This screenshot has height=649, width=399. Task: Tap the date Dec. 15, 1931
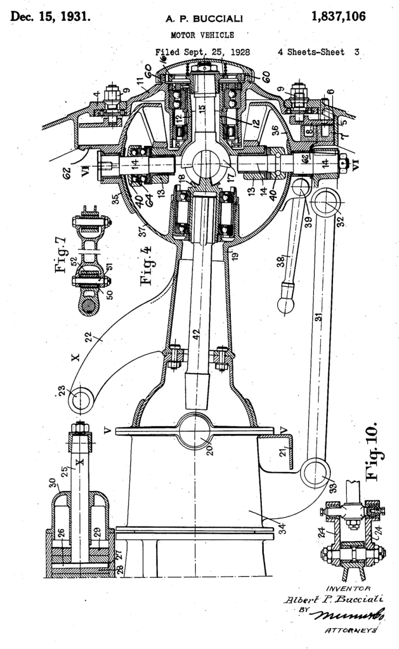point(49,17)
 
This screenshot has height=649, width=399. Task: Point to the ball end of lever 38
point(287,302)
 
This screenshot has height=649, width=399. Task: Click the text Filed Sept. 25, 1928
point(202,53)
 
